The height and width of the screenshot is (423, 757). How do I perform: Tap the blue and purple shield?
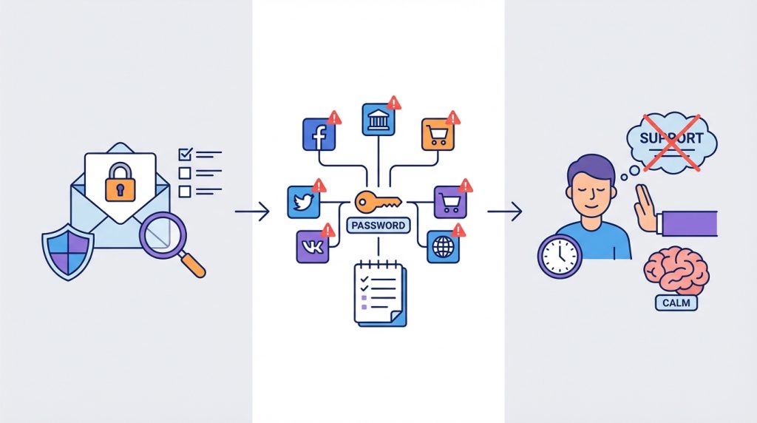coord(68,251)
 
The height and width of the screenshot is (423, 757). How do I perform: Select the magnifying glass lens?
coord(163,235)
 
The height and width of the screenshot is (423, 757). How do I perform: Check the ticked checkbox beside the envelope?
coord(186,155)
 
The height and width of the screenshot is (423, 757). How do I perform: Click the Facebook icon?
coord(319,135)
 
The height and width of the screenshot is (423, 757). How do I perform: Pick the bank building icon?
coord(378,119)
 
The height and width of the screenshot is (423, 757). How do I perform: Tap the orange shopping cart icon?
coord(438,135)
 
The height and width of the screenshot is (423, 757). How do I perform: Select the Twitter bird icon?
coord(304,203)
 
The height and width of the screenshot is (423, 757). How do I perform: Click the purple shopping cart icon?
coord(450,203)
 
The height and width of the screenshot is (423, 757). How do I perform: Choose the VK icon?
coord(313,247)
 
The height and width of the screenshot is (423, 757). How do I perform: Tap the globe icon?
coord(444,247)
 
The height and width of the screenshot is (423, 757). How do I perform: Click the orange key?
coord(378,203)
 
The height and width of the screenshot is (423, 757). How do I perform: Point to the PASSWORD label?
coord(378,226)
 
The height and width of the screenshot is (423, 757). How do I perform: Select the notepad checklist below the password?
coord(381,294)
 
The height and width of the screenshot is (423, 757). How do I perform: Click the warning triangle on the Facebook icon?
coord(334,118)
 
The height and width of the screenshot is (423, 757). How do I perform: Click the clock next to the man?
coord(560,257)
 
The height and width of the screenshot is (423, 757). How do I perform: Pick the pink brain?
coord(676,271)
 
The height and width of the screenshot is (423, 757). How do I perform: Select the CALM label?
coord(676,303)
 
